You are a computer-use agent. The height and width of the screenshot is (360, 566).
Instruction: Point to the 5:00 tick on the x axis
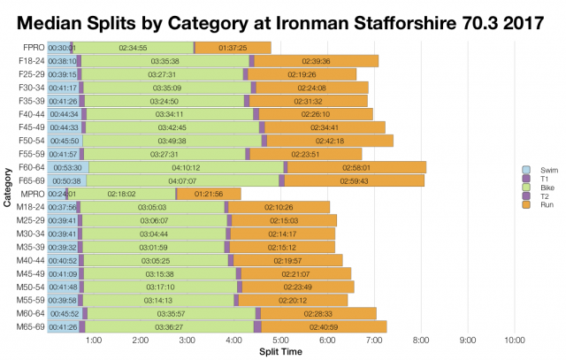(x=280, y=340)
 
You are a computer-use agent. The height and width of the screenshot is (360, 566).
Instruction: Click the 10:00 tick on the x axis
(x=514, y=340)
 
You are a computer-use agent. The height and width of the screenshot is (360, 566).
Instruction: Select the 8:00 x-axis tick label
(x=420, y=340)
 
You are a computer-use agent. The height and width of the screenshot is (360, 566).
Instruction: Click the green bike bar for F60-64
(x=186, y=166)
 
